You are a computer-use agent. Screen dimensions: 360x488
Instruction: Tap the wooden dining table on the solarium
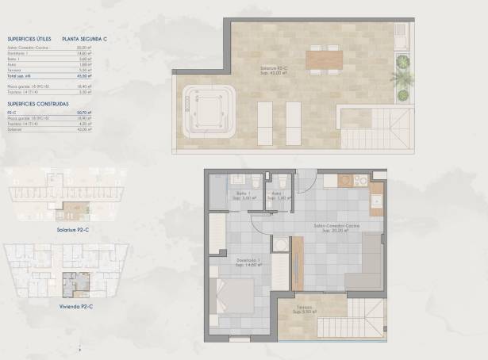tap(324, 58)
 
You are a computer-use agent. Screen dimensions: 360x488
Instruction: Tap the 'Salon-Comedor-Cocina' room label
tap(336, 227)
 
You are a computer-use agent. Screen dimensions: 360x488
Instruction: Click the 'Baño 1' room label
tap(243, 193)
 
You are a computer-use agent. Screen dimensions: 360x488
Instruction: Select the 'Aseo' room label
tap(278, 193)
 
